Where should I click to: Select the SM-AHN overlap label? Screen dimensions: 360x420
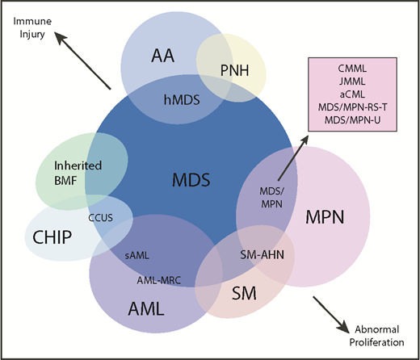[261, 256]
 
